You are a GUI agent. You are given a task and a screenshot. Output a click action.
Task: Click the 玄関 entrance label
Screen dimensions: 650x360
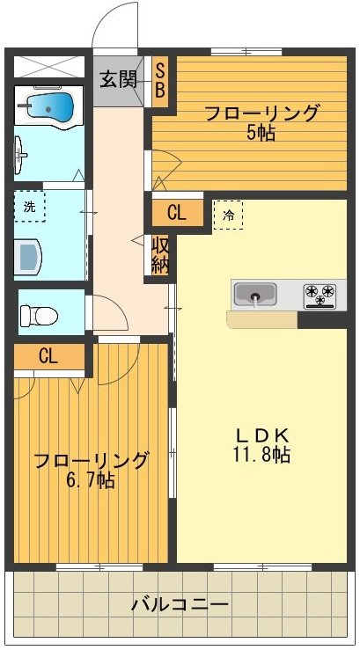tap(117, 79)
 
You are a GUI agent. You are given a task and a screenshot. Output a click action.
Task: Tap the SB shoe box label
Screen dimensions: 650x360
tap(162, 80)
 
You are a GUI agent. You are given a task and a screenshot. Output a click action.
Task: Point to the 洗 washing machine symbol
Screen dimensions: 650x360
tap(31, 208)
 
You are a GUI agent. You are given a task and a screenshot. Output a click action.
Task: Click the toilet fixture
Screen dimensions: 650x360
tap(39, 313)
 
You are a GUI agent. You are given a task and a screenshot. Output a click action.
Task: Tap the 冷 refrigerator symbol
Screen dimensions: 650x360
tap(228, 214)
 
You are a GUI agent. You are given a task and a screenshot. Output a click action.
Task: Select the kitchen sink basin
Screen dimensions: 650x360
tap(256, 293)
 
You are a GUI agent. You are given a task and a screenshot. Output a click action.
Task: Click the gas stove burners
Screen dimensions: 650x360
tap(322, 293)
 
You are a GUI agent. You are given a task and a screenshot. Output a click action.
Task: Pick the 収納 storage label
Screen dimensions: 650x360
tap(160, 255)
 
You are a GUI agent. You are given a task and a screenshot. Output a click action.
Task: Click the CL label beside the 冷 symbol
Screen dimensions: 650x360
tap(176, 212)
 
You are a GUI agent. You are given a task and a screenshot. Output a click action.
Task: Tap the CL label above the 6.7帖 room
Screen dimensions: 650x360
tap(48, 356)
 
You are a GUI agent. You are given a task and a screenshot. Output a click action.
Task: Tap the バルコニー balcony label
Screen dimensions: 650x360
tap(180, 606)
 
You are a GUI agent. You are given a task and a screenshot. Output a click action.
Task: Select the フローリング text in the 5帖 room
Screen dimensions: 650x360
tap(261, 113)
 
